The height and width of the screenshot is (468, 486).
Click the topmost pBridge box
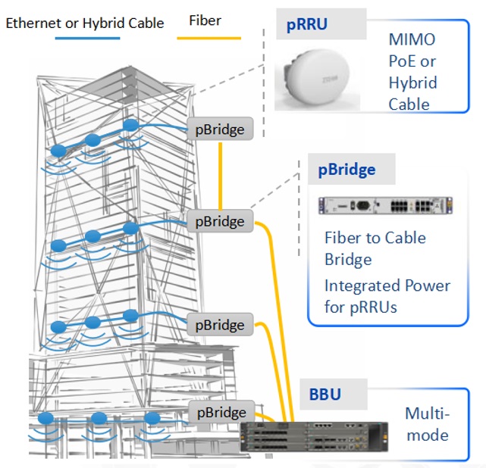tap(219, 129)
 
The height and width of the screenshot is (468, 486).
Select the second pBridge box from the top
tap(219, 221)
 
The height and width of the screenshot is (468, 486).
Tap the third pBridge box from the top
tap(219, 325)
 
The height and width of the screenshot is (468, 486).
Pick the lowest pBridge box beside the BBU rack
tap(221, 413)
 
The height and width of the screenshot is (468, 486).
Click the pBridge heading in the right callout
tap(346, 170)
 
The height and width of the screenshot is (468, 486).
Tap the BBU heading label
tap(325, 395)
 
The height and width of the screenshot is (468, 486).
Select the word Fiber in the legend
tap(205, 20)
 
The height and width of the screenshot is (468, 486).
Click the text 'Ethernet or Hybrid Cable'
tap(84, 23)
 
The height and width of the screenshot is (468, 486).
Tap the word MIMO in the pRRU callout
tap(412, 39)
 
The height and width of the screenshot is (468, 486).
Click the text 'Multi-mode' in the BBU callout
tap(427, 424)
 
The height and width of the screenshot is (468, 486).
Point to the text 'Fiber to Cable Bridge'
tap(375, 248)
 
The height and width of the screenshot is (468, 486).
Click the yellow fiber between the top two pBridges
tap(220, 175)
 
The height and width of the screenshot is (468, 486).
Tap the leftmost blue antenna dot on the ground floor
tap(45, 418)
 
